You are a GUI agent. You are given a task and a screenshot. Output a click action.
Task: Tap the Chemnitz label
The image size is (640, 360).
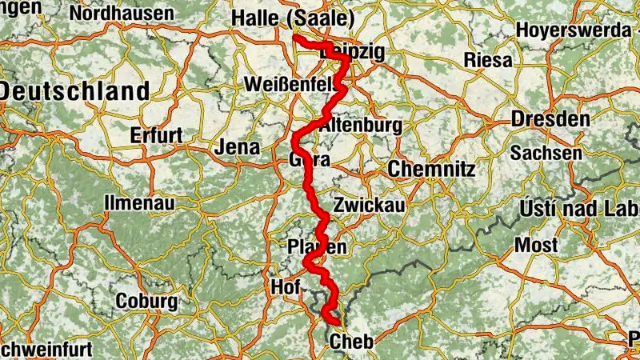tap(431, 170)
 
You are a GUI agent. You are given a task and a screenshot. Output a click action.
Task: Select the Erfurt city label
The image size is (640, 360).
tap(158, 134)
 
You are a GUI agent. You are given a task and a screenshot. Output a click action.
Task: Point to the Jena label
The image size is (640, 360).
tap(238, 147)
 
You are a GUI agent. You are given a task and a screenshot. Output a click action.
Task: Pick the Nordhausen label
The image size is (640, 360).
tap(122, 14)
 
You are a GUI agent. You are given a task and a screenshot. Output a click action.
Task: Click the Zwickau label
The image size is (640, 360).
tap(370, 205)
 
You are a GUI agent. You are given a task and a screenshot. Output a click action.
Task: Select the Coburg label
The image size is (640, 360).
tap(146, 302)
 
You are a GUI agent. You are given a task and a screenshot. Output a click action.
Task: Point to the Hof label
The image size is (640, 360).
tap(286, 286)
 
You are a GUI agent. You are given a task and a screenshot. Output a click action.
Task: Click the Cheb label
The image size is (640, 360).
tap(350, 342)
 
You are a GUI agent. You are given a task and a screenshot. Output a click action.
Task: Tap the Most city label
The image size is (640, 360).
tap(536, 245)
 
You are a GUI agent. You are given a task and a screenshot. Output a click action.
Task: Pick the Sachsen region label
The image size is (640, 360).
tap(546, 152)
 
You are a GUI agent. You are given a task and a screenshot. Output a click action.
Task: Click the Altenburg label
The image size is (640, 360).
tap(360, 126)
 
